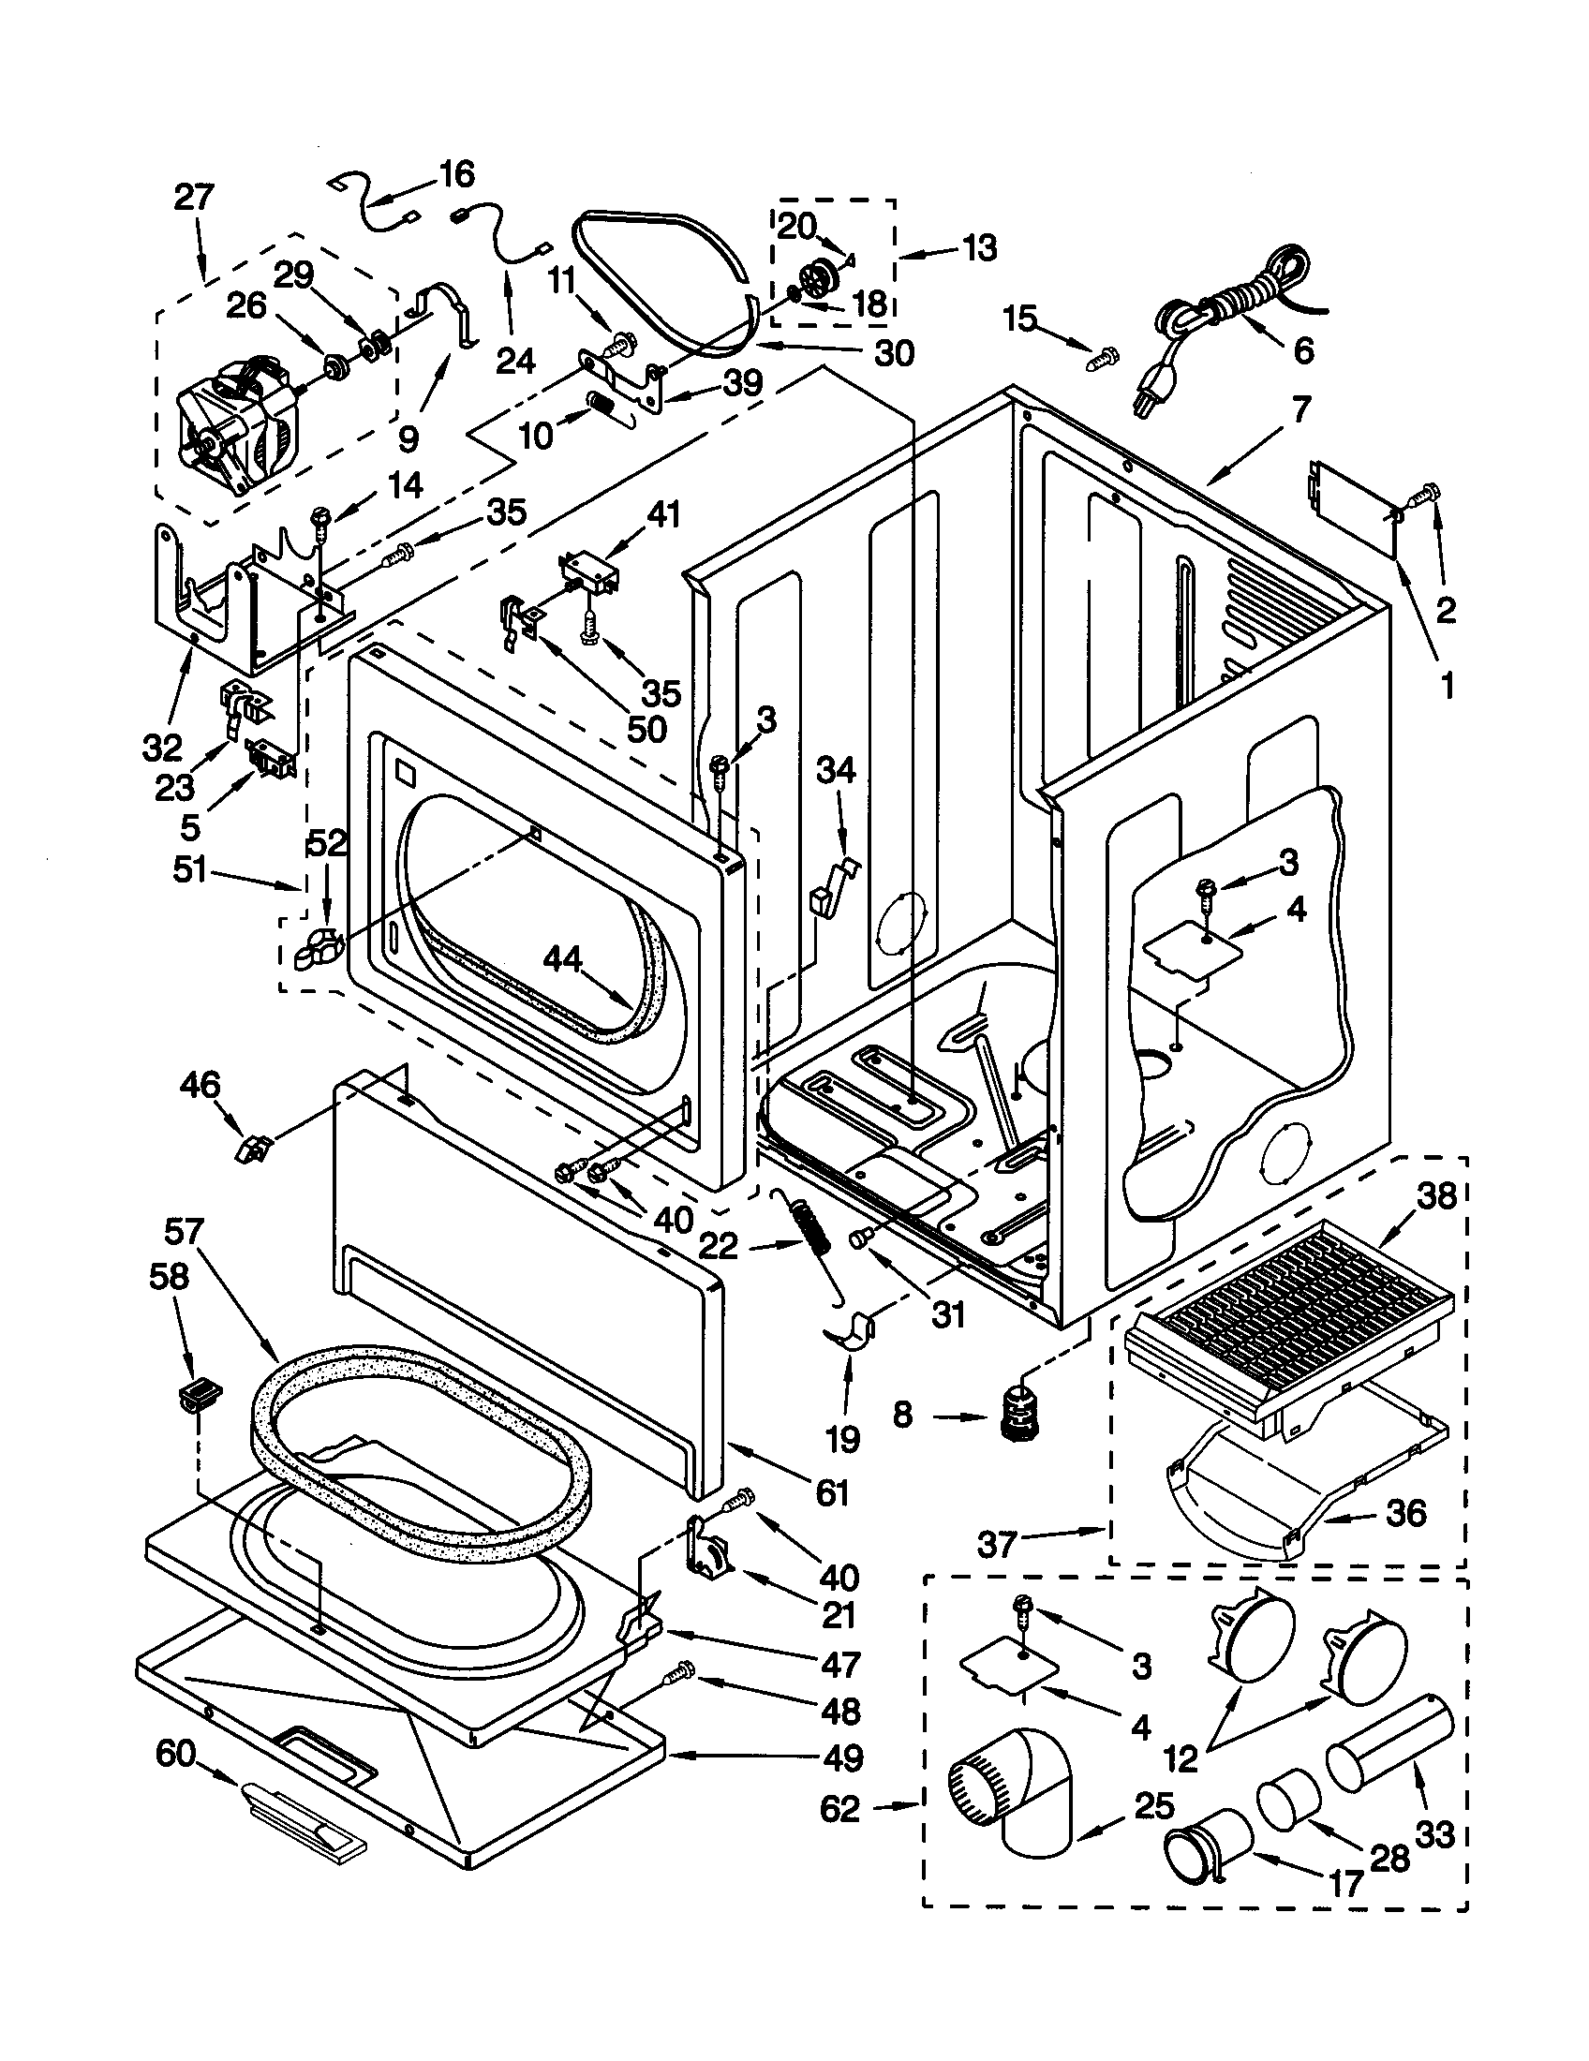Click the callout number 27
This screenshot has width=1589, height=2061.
click(193, 199)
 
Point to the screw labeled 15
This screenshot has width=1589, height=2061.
click(1101, 358)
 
